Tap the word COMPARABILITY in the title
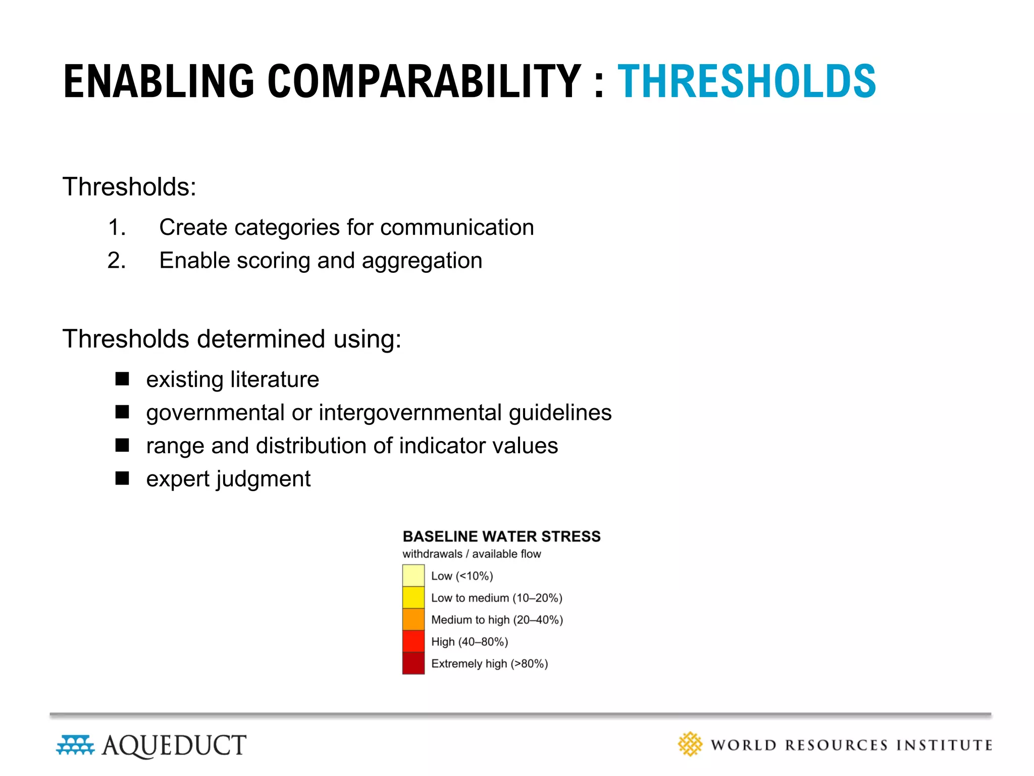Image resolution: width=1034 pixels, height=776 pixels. tap(424, 82)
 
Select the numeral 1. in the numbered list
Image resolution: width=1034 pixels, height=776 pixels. tap(117, 227)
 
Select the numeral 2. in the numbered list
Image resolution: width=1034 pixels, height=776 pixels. tap(117, 261)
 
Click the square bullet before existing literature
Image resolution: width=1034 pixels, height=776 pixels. tap(122, 379)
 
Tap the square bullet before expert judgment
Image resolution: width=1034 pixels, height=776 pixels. tap(122, 478)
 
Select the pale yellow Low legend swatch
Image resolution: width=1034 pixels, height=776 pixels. tap(413, 575)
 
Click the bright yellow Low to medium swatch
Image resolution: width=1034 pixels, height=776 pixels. tap(413, 597)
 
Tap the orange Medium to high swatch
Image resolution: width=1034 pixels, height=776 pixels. tap(413, 619)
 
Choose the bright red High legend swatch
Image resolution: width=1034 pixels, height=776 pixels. tap(413, 641)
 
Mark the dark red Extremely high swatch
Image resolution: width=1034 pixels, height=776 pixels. tap(413, 663)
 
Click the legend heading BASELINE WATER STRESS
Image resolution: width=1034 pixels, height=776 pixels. tap(501, 536)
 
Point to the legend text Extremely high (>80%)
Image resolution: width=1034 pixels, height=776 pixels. tap(489, 663)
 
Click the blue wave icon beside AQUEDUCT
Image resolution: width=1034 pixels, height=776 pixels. tap(75, 745)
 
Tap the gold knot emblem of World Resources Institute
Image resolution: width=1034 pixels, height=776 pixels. tap(690, 744)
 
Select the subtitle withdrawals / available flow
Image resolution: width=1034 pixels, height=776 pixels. tap(471, 554)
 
